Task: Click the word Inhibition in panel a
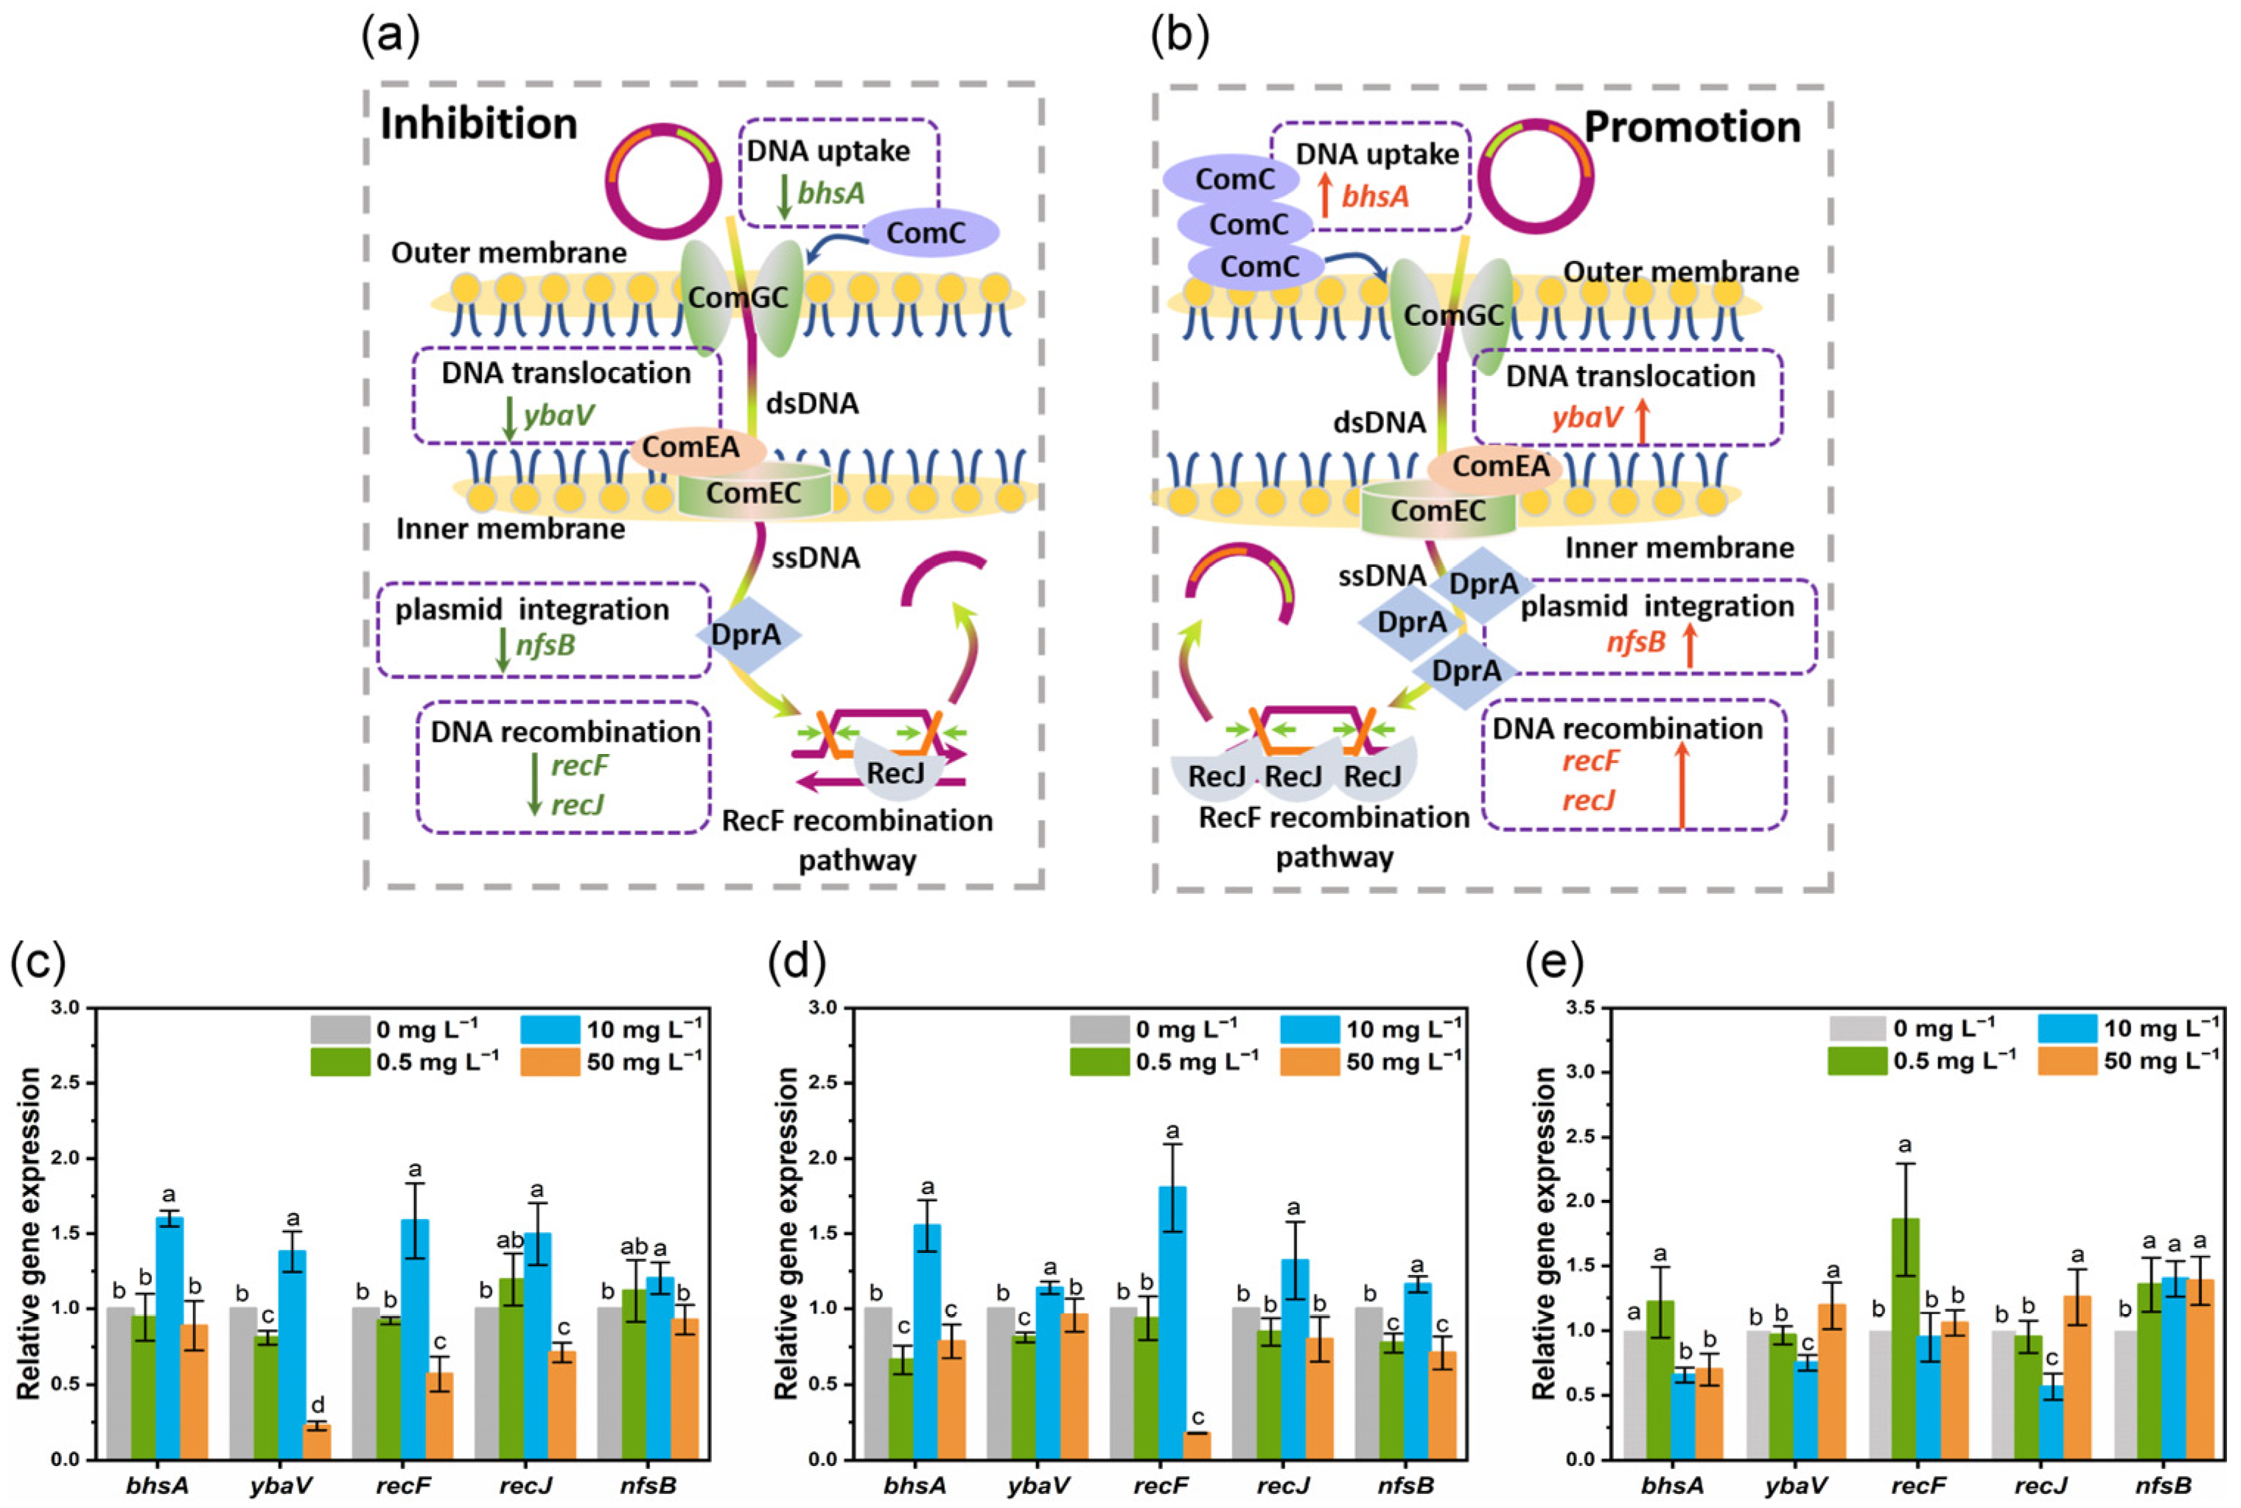point(479,124)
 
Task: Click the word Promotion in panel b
point(1691,127)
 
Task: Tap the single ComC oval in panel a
point(931,231)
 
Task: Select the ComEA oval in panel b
point(1500,467)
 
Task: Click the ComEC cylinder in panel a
point(754,492)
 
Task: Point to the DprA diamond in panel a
point(747,635)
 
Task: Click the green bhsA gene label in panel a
point(831,193)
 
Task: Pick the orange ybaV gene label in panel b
point(1587,417)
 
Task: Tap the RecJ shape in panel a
point(894,773)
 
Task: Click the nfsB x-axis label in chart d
point(1405,1486)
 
